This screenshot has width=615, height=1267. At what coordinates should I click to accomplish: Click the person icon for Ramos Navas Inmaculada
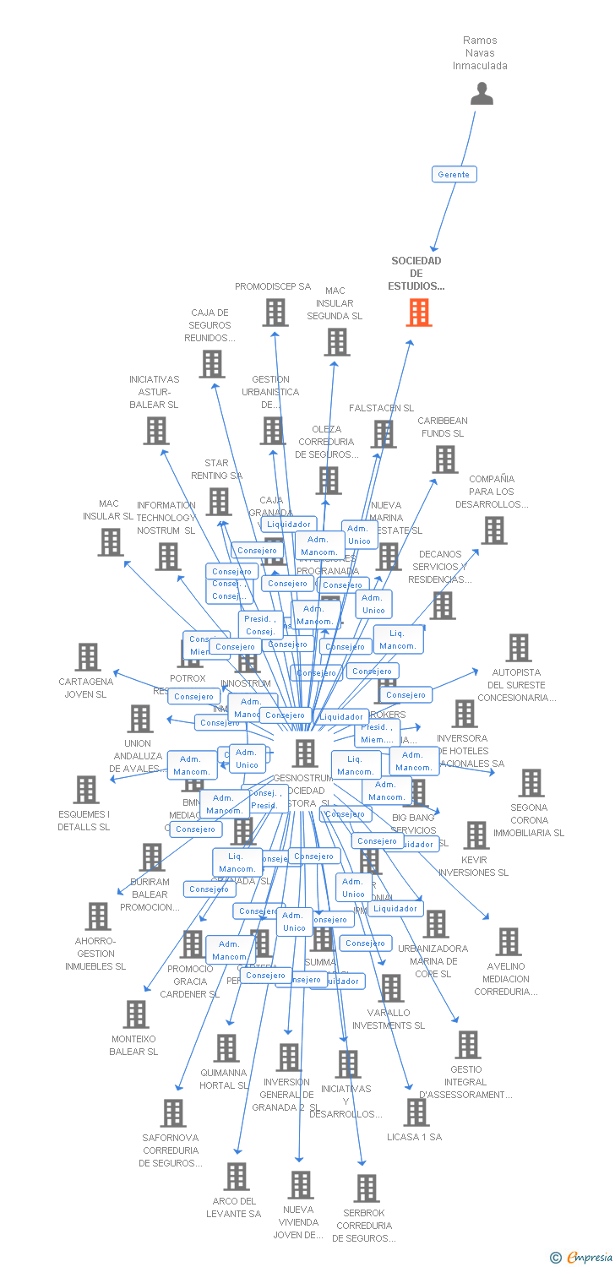[482, 94]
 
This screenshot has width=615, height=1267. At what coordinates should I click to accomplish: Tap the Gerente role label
[454, 174]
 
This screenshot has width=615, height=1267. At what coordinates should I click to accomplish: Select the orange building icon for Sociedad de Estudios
[419, 313]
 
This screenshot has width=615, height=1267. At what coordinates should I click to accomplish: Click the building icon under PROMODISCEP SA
[275, 313]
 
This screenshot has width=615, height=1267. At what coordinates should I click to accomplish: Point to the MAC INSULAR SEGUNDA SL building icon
[336, 342]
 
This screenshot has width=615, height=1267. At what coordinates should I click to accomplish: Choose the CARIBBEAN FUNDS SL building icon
[444, 459]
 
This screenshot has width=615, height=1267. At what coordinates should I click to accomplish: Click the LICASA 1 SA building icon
[416, 1112]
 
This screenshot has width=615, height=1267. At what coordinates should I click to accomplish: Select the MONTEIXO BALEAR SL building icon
[135, 1014]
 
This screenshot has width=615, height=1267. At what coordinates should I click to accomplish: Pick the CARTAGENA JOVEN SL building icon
[87, 656]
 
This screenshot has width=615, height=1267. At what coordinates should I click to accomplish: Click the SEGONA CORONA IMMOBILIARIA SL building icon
[531, 783]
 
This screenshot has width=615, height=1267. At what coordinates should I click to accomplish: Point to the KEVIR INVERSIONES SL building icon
[476, 835]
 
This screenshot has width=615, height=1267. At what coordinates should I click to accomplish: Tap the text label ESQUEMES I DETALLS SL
[84, 821]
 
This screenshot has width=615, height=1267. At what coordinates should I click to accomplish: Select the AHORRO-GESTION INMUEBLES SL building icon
[97, 916]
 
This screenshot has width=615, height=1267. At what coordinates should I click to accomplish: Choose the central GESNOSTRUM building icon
[304, 753]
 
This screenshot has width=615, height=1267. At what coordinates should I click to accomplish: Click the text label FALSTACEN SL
[382, 409]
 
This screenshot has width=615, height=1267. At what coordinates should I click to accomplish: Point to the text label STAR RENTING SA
[216, 469]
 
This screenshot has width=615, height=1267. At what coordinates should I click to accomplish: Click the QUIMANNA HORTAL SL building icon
[226, 1048]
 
